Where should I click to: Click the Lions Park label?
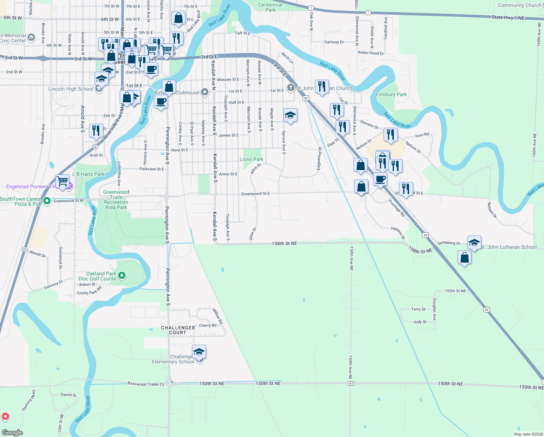251,159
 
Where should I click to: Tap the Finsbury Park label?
391,94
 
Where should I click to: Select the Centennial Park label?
270,7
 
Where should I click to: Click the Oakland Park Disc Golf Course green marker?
122,276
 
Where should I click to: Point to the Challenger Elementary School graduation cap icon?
199,352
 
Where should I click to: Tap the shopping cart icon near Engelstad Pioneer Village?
63,181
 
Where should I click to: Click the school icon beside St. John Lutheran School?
474,243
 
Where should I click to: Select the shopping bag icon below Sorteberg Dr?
465,258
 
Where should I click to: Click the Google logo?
12,433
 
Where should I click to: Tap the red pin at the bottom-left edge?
5,416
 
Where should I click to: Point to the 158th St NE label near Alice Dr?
284,243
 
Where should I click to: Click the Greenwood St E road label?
255,194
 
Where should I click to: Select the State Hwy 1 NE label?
508,17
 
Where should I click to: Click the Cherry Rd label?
208,326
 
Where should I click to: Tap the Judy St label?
420,322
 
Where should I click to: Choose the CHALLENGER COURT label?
178,330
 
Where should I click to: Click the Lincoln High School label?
71,89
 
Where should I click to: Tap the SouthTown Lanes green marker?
47,201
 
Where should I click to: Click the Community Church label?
520,5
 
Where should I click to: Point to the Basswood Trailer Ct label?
145,384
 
